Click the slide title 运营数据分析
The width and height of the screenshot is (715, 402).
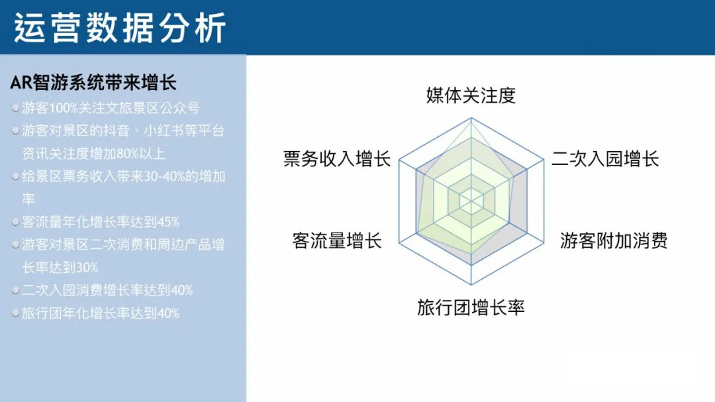[120, 28]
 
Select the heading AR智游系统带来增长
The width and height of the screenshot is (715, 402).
[93, 83]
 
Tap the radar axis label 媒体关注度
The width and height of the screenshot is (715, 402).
[471, 95]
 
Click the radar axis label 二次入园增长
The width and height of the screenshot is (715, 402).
[605, 159]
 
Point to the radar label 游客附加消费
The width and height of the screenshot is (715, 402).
[614, 240]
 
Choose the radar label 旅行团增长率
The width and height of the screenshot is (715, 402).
[471, 307]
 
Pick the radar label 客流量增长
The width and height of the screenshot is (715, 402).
[336, 240]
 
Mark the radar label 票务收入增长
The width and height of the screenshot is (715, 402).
[337, 159]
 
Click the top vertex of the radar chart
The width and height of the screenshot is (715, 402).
[471, 118]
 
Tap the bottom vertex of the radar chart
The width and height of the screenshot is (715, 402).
[471, 285]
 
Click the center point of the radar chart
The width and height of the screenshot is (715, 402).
[471, 201]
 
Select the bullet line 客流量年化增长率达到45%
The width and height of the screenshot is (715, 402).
[101, 223]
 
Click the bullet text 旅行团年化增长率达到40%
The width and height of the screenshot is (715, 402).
[101, 313]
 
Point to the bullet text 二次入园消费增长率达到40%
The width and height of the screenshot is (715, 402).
[107, 290]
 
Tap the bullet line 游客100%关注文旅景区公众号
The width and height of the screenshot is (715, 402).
[111, 108]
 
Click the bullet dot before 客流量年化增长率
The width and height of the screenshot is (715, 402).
[15, 223]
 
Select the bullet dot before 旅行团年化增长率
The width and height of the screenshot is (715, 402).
[15, 313]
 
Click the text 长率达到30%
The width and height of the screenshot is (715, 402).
[60, 268]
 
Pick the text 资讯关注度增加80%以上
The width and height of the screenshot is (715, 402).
[93, 154]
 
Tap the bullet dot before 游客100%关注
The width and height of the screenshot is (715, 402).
[15, 108]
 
